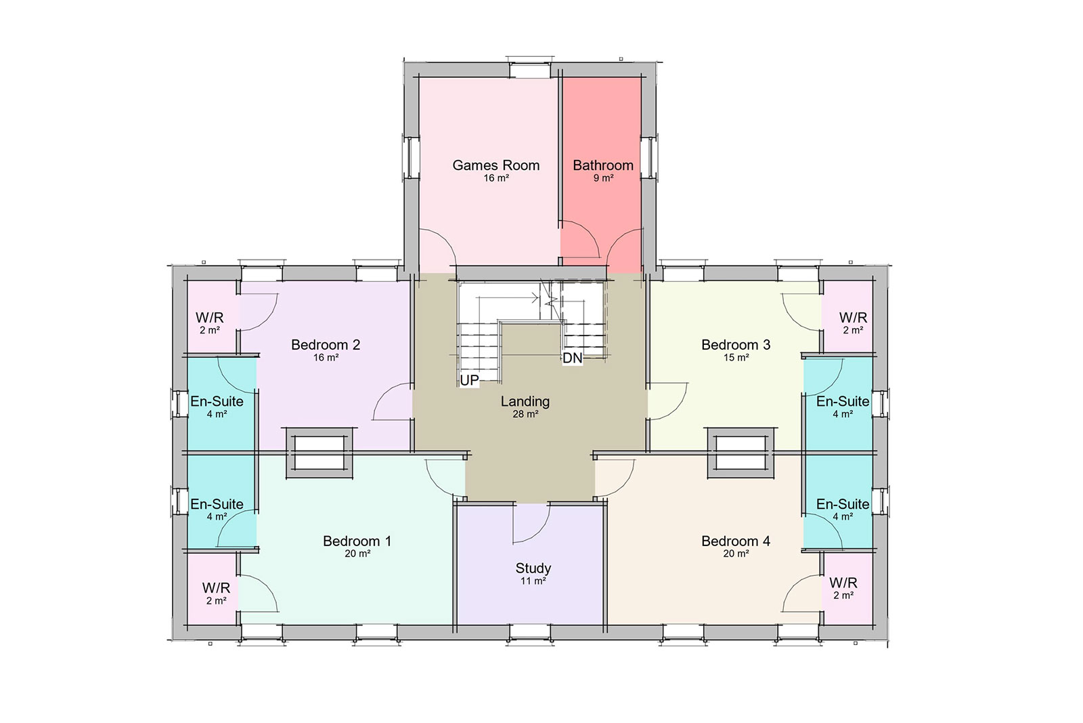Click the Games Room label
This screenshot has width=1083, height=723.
(x=495, y=165)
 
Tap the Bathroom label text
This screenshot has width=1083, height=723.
(x=603, y=165)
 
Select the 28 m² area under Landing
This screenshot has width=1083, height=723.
(x=525, y=414)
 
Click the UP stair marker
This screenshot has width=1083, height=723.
(x=469, y=380)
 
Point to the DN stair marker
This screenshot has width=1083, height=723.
(x=573, y=358)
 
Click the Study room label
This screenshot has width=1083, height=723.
(x=533, y=568)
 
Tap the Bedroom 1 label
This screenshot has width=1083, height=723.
(x=357, y=541)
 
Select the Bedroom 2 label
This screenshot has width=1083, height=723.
(x=326, y=345)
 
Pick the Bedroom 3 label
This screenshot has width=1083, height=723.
(x=736, y=345)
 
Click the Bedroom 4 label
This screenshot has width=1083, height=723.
(x=736, y=541)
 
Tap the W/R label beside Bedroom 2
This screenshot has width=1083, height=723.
(x=209, y=318)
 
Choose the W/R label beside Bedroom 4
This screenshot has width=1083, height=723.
(x=843, y=583)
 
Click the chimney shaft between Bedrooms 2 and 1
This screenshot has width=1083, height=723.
(x=319, y=453)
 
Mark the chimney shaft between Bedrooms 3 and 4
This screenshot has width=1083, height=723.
(x=741, y=453)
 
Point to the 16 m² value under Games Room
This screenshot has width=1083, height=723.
(x=496, y=178)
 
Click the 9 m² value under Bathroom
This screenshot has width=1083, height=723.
(x=603, y=178)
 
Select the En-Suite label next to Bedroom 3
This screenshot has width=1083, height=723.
(x=843, y=402)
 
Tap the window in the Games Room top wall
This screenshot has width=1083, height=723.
(x=530, y=70)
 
